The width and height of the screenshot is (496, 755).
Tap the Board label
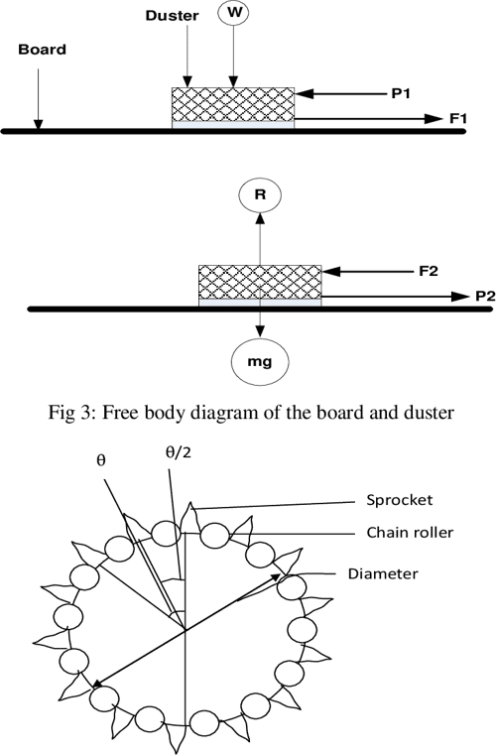coord(42,49)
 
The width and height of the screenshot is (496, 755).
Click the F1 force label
coord(458,118)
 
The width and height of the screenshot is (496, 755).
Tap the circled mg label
coord(260,365)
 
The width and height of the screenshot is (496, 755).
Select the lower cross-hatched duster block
coord(260,282)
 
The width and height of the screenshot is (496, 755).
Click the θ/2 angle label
coord(177,452)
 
